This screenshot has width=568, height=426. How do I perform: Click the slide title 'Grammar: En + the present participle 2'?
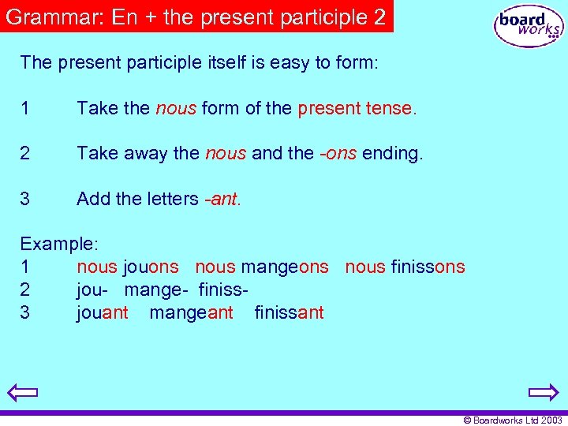(x=196, y=17)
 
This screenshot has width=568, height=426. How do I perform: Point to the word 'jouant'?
(x=103, y=312)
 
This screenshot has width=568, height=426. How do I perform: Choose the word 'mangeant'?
(x=191, y=312)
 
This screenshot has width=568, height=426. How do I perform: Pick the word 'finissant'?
(x=289, y=312)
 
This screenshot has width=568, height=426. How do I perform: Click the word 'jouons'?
(x=151, y=267)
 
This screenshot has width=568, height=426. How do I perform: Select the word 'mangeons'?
(x=284, y=267)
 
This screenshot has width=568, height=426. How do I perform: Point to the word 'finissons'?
(x=428, y=267)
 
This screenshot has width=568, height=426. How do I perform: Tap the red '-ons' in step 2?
(x=338, y=153)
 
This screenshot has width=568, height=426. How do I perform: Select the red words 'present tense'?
(x=355, y=108)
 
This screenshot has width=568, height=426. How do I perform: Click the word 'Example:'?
(x=59, y=245)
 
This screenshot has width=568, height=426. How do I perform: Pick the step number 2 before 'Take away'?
(x=25, y=153)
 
